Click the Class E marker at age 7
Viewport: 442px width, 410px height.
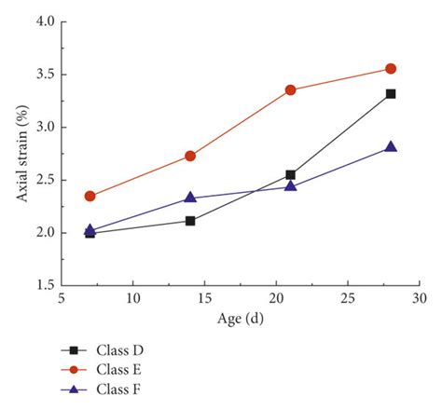point(90,196)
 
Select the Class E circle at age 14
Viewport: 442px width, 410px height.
point(190,156)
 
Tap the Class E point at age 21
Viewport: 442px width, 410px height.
point(290,90)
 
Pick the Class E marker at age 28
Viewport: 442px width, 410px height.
point(391,69)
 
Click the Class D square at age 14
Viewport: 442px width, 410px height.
point(190,221)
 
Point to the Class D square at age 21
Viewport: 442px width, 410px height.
point(290,174)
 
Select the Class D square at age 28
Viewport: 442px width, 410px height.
point(391,94)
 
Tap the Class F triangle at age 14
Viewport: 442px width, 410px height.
point(190,198)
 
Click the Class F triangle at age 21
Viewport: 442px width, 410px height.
point(290,185)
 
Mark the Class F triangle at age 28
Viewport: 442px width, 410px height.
point(391,146)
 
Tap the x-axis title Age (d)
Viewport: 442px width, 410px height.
point(240,319)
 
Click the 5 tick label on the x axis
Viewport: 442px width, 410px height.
point(61,299)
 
